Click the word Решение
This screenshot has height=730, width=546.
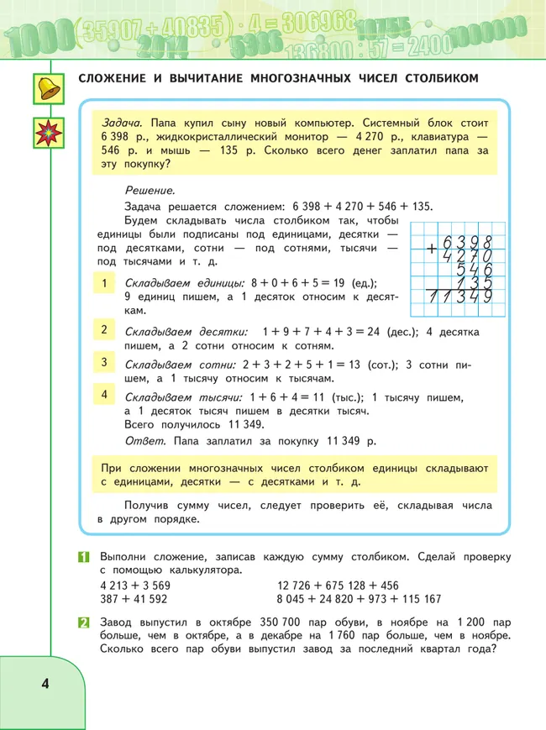pyautogui.click(x=150, y=191)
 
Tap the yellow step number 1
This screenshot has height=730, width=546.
pyautogui.click(x=104, y=284)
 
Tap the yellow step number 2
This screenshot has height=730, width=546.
pyautogui.click(x=104, y=329)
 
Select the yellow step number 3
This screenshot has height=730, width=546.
pyautogui.click(x=104, y=363)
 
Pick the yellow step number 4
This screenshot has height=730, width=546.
pyautogui.click(x=104, y=394)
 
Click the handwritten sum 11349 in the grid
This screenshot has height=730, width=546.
pyautogui.click(x=459, y=297)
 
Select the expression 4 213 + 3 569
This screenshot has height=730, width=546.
pyautogui.click(x=134, y=586)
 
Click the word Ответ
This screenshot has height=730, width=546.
pyautogui.click(x=142, y=440)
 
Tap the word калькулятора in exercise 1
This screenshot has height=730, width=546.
pyautogui.click(x=202, y=570)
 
